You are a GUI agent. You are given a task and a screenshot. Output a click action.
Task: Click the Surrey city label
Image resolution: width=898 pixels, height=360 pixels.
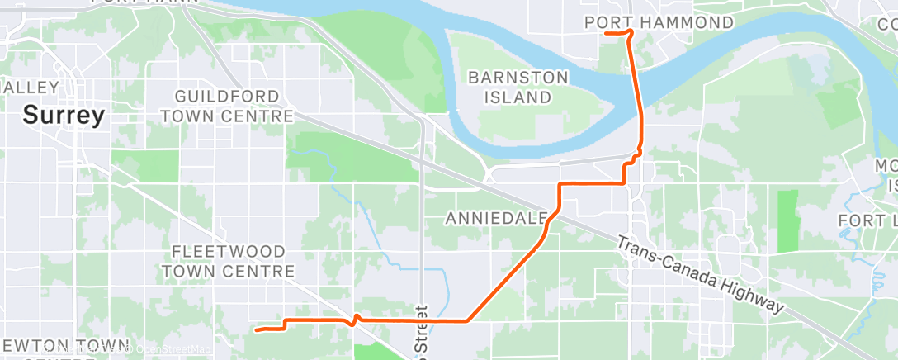[x=64, y=116]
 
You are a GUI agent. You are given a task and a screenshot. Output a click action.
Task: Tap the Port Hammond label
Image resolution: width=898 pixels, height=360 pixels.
[x=659, y=22]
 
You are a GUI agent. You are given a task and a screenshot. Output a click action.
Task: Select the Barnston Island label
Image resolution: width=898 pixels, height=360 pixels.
[x=518, y=87]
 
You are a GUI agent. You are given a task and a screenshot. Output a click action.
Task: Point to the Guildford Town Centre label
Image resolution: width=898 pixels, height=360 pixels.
[x=227, y=106]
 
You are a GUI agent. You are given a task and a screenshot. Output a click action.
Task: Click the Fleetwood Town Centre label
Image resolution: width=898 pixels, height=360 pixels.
[x=228, y=261]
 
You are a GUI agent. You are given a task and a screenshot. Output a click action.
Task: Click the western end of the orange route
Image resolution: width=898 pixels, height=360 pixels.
[x=257, y=330]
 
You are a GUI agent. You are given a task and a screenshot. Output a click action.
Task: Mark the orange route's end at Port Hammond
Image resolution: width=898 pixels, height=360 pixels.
[x=606, y=33]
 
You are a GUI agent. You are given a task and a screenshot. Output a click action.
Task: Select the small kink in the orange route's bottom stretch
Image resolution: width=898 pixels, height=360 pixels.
[x=356, y=320]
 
